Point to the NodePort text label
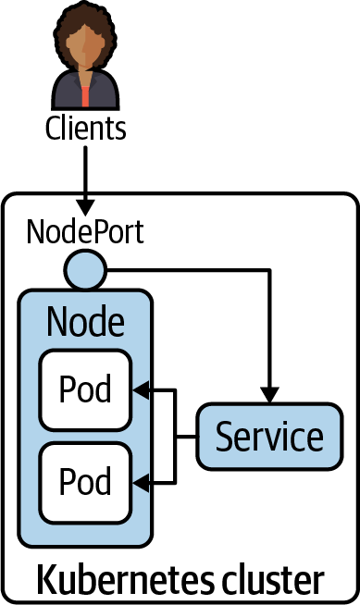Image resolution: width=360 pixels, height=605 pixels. [x=85, y=231]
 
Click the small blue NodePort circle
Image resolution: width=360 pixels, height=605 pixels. [x=85, y=271]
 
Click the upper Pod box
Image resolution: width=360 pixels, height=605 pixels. [x=85, y=389]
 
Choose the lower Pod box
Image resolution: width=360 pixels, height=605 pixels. [x=85, y=481]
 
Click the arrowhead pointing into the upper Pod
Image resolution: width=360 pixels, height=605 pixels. [x=142, y=389]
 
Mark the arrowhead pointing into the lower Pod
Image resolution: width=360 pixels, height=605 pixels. [x=142, y=481]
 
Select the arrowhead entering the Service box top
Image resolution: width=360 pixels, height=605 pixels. [x=270, y=394]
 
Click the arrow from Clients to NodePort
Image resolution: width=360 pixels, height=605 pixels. [x=85, y=176]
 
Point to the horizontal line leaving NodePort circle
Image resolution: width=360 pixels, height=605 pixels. [x=185, y=271]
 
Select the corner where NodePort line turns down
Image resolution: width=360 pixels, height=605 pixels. [x=270, y=271]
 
